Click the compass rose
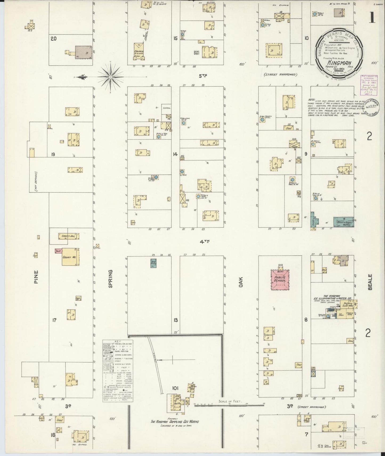tap(110, 77)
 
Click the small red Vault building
tap(58, 251)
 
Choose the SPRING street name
tap(110, 278)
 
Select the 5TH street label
tap(203, 76)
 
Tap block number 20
tap(54, 39)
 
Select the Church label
tap(139, 51)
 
